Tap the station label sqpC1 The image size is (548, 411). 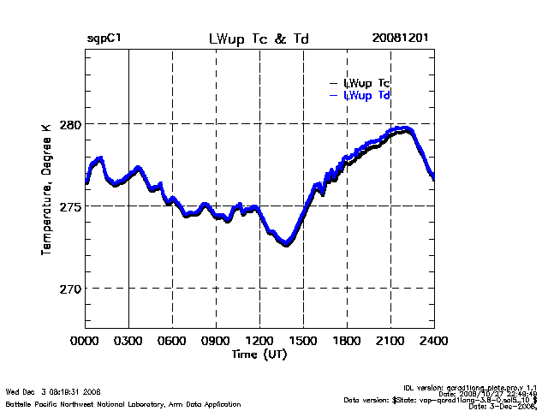click(x=104, y=39)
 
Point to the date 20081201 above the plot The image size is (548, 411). click(x=401, y=39)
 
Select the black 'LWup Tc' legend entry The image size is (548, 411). click(x=367, y=83)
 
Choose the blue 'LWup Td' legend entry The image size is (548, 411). click(x=367, y=96)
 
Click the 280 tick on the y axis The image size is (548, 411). click(x=69, y=123)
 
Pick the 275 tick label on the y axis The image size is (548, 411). click(x=69, y=206)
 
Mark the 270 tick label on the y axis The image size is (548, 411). click(x=69, y=289)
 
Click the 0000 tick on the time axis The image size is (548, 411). click(x=85, y=341)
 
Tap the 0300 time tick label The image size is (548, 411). click(x=128, y=341)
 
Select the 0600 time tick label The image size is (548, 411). click(x=172, y=341)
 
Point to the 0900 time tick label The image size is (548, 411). click(x=216, y=341)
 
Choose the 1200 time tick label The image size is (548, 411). click(x=259, y=341)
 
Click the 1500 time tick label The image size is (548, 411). click(x=303, y=341)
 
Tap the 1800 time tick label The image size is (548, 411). click(x=347, y=341)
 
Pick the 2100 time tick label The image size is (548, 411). click(x=390, y=341)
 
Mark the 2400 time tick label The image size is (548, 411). click(x=433, y=341)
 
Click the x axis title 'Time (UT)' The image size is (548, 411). click(x=259, y=354)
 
